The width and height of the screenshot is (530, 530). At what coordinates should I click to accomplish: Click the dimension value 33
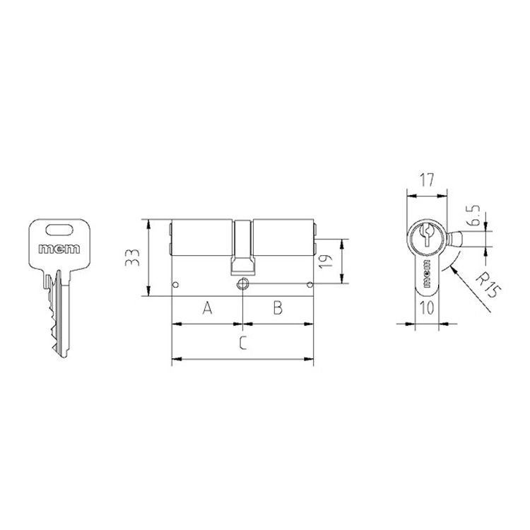click(132, 257)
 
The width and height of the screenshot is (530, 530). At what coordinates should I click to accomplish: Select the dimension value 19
click(326, 261)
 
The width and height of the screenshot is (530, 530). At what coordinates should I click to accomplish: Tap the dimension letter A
click(207, 308)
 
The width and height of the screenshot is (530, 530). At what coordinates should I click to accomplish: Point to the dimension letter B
click(278, 308)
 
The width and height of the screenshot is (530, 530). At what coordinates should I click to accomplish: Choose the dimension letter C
click(243, 343)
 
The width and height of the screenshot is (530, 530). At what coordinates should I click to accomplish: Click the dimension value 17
click(427, 179)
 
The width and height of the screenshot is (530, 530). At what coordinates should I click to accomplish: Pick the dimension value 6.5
click(475, 216)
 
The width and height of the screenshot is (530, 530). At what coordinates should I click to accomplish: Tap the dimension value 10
click(427, 307)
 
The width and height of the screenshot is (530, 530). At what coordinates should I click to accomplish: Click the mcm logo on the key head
click(59, 249)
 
